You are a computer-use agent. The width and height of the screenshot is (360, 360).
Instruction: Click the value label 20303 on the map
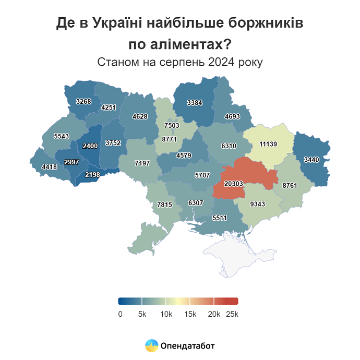coord(234,184)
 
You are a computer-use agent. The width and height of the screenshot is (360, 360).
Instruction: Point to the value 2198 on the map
coord(92,174)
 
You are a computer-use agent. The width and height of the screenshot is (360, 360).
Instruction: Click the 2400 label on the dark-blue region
coord(90,146)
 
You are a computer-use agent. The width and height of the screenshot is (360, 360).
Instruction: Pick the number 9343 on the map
coord(258,203)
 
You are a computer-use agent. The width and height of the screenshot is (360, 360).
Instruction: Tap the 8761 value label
coord(290,185)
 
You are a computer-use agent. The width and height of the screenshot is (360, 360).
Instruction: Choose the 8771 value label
coord(170,140)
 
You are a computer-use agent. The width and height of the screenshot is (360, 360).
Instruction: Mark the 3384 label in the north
coord(194,102)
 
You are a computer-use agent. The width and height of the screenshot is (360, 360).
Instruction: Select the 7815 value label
coord(164,205)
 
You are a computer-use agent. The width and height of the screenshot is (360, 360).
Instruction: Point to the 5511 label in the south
coord(219,218)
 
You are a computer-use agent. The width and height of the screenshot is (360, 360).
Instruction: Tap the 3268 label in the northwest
coord(83,101)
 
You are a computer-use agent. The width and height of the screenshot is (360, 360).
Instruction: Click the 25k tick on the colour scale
coord(232,314)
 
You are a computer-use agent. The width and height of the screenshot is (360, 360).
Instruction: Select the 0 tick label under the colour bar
coord(120,314)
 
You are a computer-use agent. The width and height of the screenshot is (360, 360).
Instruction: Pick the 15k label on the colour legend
coord(190,314)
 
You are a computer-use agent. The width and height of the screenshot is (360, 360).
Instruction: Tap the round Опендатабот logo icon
coord(151,345)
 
